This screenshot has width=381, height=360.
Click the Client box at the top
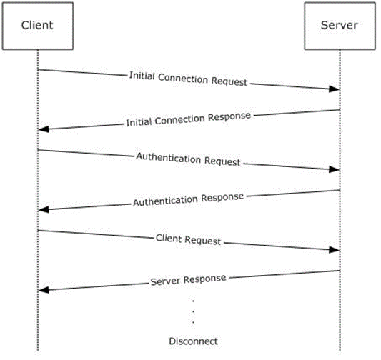pos(38,26)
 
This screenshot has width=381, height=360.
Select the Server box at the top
pos(340,26)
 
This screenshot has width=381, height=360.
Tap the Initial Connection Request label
pos(188,79)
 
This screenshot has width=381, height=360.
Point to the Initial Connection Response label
pos(188,119)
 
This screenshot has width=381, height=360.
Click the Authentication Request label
pos(188,159)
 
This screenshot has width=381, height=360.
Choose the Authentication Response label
pos(188,199)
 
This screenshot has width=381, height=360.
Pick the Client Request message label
pos(188,239)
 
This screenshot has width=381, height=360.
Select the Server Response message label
pos(188,280)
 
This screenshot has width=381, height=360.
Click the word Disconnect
pos(193,341)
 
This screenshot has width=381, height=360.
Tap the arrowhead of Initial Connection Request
pos(335,89)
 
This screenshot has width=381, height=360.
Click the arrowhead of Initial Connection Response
pos(44,129)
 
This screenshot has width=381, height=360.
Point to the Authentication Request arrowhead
pos(335,169)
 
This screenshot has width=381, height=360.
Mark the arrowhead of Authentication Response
pos(44,210)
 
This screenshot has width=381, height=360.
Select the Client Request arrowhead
pos(335,250)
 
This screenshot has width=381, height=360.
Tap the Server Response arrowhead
pos(44,290)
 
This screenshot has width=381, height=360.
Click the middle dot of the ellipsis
pos(194,311)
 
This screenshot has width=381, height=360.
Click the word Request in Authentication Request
pos(222,162)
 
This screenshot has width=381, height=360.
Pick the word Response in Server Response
pos(205,279)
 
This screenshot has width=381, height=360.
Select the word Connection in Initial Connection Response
pos(179,120)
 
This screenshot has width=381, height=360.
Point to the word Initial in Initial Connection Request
pos(142,75)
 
